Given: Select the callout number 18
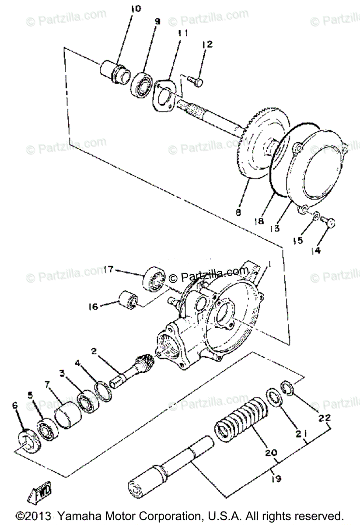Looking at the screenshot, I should click(260, 221).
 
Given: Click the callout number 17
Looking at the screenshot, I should click(109, 270).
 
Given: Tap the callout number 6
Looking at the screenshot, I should click(16, 405).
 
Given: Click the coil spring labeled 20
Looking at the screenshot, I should click(241, 420).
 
